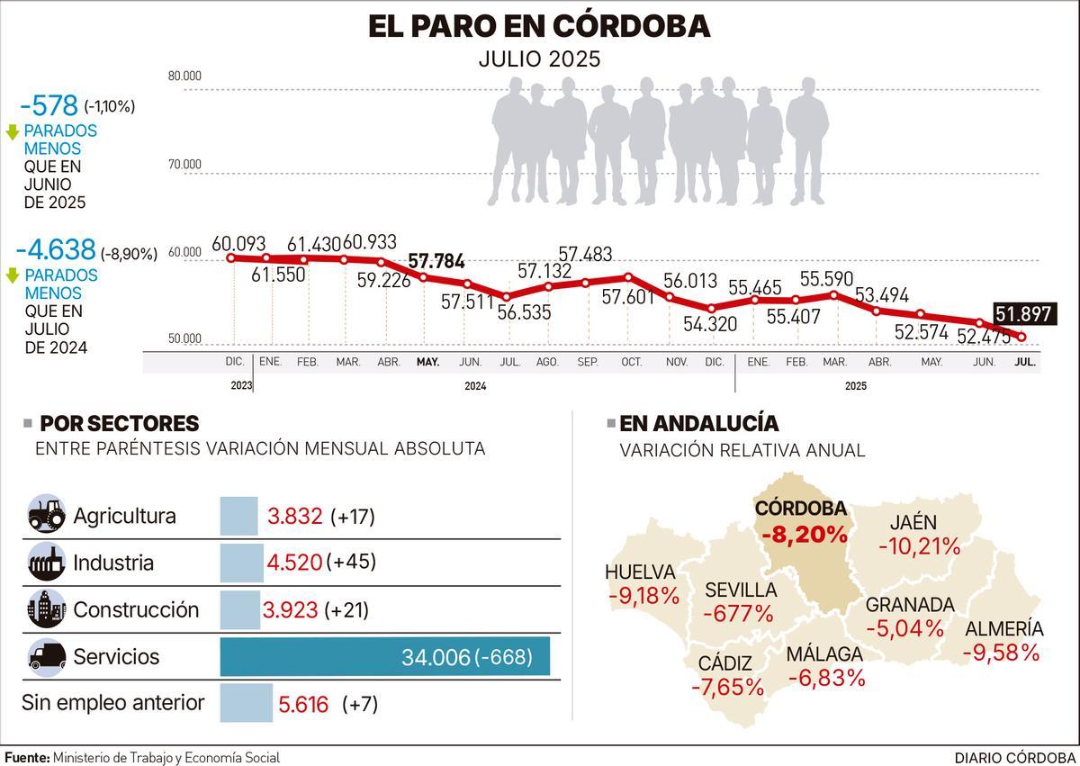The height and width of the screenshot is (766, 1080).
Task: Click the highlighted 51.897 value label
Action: pos(1025,314)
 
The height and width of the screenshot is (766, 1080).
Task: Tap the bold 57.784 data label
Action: pos(436,262)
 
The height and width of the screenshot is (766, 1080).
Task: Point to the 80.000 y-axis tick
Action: pos(184,76)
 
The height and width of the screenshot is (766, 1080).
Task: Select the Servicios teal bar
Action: pos(384,656)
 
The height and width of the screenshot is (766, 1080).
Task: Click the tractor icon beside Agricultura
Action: pos(47,516)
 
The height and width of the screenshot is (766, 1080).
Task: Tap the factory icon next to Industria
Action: pos(47,563)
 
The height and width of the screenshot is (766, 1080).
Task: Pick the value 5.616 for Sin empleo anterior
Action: pos(303,704)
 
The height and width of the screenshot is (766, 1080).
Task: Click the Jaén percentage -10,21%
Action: pos(920,545)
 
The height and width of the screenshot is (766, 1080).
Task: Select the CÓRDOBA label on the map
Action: pos(800,508)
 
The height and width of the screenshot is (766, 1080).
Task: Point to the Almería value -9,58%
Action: pos(1002,652)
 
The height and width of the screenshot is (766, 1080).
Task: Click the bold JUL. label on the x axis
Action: pos(1024,362)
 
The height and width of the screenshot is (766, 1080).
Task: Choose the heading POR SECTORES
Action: pos(120,424)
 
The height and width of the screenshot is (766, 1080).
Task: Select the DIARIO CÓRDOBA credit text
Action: pos(1014,757)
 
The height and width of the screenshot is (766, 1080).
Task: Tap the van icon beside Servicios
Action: pos(47,656)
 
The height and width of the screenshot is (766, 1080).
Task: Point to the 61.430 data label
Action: pos(314,244)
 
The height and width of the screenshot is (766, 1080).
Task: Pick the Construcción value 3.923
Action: pos(290,609)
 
